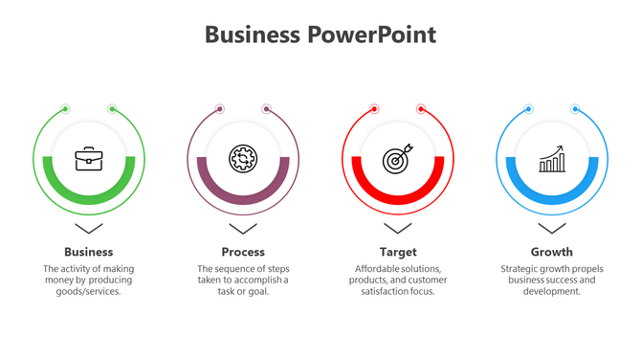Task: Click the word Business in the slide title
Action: tap(253, 35)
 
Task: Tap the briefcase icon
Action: tap(89, 159)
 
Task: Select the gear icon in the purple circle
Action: tap(243, 159)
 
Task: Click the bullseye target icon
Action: tap(397, 159)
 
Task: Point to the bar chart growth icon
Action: tap(552, 160)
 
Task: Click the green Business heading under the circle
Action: tap(89, 252)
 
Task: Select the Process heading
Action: tap(243, 252)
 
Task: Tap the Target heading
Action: tap(397, 252)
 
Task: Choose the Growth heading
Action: tap(552, 252)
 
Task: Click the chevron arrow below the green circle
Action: tap(89, 229)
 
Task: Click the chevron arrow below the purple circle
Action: tap(243, 229)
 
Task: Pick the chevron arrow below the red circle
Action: tap(397, 229)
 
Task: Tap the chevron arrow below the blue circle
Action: tap(552, 229)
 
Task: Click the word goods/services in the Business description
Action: tap(89, 292)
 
